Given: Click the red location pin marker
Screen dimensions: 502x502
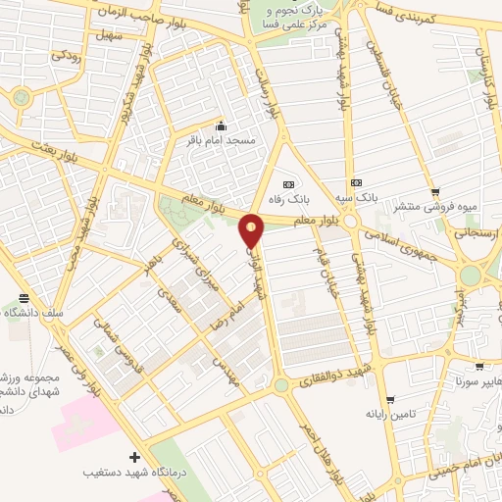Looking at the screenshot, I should [x=252, y=229].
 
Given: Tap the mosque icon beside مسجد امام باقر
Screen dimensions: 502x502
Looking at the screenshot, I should [x=220, y=125].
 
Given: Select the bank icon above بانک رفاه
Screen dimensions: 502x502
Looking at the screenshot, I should [x=287, y=183].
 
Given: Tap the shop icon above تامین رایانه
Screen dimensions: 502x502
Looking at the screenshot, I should [x=390, y=400].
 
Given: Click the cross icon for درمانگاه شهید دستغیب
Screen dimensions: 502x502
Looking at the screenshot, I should [x=134, y=457].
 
